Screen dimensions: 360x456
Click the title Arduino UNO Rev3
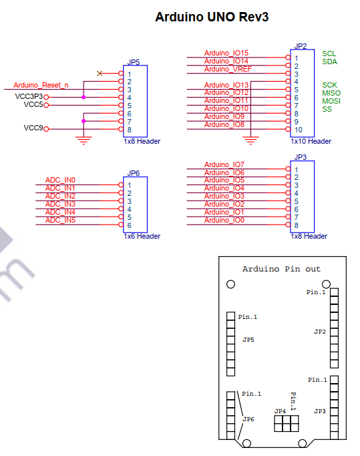coord(212,17)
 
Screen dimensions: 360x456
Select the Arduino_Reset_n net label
coord(41,85)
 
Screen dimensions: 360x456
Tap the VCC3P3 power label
coord(29,96)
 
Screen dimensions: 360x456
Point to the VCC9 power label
coord(33,128)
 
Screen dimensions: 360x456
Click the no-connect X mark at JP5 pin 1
coord(100,74)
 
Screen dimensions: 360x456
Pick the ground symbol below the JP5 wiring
coord(83,140)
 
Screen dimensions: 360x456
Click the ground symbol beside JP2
coord(250,140)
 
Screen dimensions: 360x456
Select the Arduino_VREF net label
coord(228,69)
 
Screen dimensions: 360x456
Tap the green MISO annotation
coord(331,93)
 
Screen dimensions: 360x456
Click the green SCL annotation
coord(329,53)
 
